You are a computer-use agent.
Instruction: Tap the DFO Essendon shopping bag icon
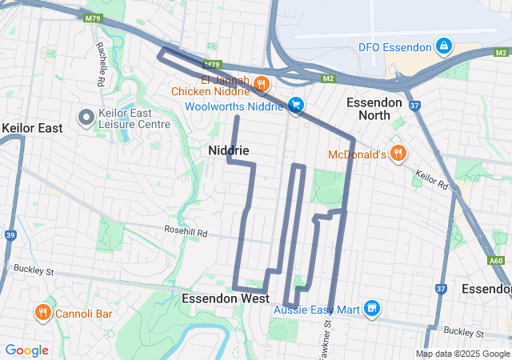tap(442, 47)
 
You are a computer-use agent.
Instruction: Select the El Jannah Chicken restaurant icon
tap(260, 85)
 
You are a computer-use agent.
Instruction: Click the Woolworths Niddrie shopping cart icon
tap(296, 105)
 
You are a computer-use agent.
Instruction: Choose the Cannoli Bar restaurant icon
tap(43, 313)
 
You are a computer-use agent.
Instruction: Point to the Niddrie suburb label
tap(229, 150)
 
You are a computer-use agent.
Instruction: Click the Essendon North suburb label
tap(380, 109)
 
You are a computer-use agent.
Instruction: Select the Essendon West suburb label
tap(225, 298)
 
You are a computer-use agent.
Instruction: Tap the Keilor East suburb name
tap(32, 128)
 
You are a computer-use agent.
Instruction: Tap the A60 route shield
tap(496, 260)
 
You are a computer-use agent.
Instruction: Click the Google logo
tap(26, 350)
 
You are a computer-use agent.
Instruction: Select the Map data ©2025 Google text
tap(462, 354)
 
